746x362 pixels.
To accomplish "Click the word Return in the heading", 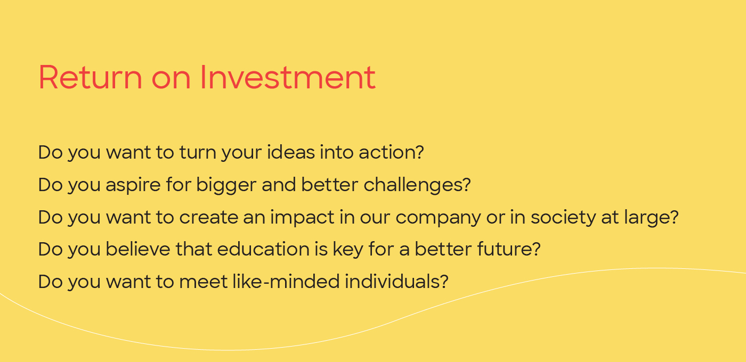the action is (91, 78).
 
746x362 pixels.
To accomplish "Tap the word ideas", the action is (291, 152).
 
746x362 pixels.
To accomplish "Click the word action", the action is (391, 152).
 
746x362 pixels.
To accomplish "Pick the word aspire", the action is (133, 185).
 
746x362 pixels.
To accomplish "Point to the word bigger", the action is (226, 185).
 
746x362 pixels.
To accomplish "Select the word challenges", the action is (417, 185).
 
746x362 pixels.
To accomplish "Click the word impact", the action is (302, 218).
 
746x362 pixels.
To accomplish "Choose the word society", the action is (563, 218).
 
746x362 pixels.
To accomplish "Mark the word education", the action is (263, 249).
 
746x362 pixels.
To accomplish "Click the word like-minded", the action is (286, 282).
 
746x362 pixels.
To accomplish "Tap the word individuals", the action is (396, 282).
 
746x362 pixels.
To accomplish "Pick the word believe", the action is (138, 249).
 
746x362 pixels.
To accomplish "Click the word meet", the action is (203, 282).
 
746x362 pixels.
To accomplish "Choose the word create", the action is (208, 218).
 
